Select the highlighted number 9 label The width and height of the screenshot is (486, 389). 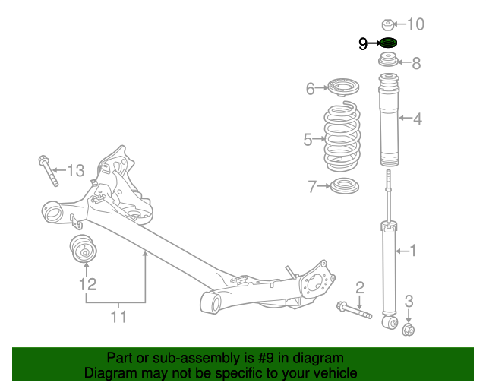pos(364,44)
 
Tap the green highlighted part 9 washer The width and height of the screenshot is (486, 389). pos(387,43)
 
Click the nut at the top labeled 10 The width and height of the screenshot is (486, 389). pos(386,24)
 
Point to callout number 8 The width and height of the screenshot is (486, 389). pos(416,64)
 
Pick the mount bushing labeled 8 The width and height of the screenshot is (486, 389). pos(387,61)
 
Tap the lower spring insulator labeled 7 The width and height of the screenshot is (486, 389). pos(344,186)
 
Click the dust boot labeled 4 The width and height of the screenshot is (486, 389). pos(388,120)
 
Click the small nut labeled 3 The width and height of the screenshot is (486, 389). pos(407,329)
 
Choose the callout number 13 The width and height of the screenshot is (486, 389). pos(75,171)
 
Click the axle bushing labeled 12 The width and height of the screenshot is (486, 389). pos(82,248)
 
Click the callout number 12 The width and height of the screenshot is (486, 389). pos(88,285)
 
